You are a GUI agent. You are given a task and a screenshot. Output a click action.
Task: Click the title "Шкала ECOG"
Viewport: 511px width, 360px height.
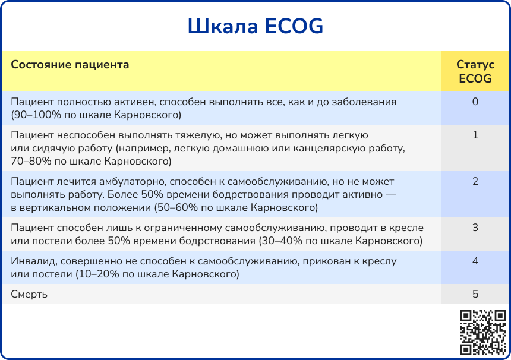click(x=255, y=26)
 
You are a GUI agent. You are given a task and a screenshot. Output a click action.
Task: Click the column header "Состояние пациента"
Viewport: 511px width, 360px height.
click(x=70, y=65)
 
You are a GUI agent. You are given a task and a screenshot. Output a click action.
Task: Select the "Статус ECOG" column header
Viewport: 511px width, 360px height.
click(x=475, y=71)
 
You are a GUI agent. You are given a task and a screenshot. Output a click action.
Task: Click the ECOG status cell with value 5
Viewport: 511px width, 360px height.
click(x=475, y=294)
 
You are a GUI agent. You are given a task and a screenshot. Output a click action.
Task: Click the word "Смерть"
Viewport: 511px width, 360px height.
click(x=29, y=294)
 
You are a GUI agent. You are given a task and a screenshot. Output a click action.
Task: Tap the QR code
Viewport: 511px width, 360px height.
click(x=482, y=333)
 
